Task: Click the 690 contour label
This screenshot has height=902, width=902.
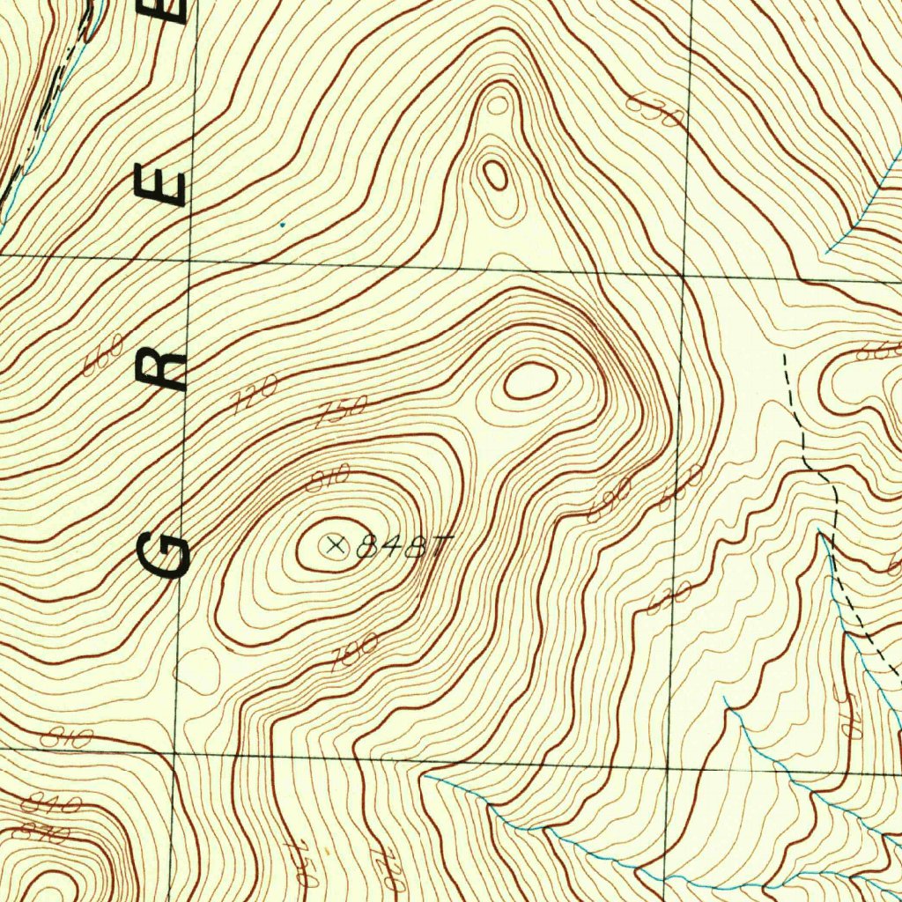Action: [x=610, y=502]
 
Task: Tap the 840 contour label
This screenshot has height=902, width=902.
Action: [x=51, y=802]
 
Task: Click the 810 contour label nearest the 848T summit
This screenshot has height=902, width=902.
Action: [x=328, y=477]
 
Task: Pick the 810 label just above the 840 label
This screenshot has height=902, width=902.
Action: [x=66, y=737]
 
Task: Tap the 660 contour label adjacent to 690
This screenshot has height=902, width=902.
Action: [x=681, y=487]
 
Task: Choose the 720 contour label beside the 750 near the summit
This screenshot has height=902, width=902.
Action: [x=255, y=393]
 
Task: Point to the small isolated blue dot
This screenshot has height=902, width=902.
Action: [x=282, y=225]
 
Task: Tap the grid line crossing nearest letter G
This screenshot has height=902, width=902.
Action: [x=175, y=754]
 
